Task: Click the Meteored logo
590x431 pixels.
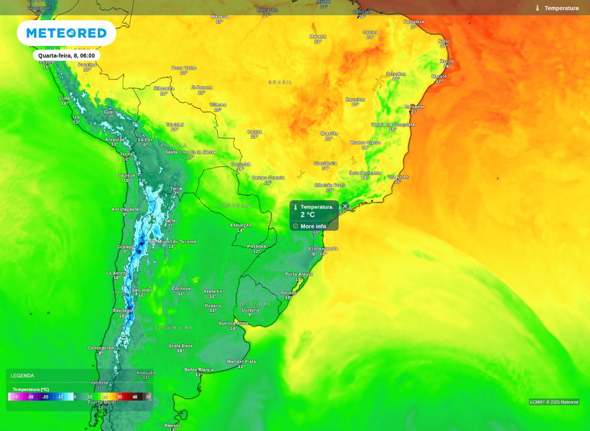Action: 66,33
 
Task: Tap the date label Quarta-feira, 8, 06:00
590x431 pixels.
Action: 66,55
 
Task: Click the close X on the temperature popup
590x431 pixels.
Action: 345,206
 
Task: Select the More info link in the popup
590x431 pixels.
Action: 313,226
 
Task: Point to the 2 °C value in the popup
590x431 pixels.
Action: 308,215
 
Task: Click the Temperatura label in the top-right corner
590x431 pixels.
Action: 561,8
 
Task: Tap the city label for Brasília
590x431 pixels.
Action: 329,133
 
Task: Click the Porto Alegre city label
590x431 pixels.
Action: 299,274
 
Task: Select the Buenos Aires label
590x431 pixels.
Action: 233,323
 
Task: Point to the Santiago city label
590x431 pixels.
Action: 122,310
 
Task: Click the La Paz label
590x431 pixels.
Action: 145,139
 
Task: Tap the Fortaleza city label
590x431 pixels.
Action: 414,22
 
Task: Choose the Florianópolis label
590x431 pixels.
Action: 323,248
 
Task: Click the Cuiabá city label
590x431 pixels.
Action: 254,131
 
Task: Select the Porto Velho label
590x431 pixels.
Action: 184,68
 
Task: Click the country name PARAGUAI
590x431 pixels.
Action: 235,205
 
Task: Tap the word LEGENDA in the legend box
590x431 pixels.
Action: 22,376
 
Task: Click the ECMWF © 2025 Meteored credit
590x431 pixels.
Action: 554,402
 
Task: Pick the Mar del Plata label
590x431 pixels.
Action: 241,361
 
